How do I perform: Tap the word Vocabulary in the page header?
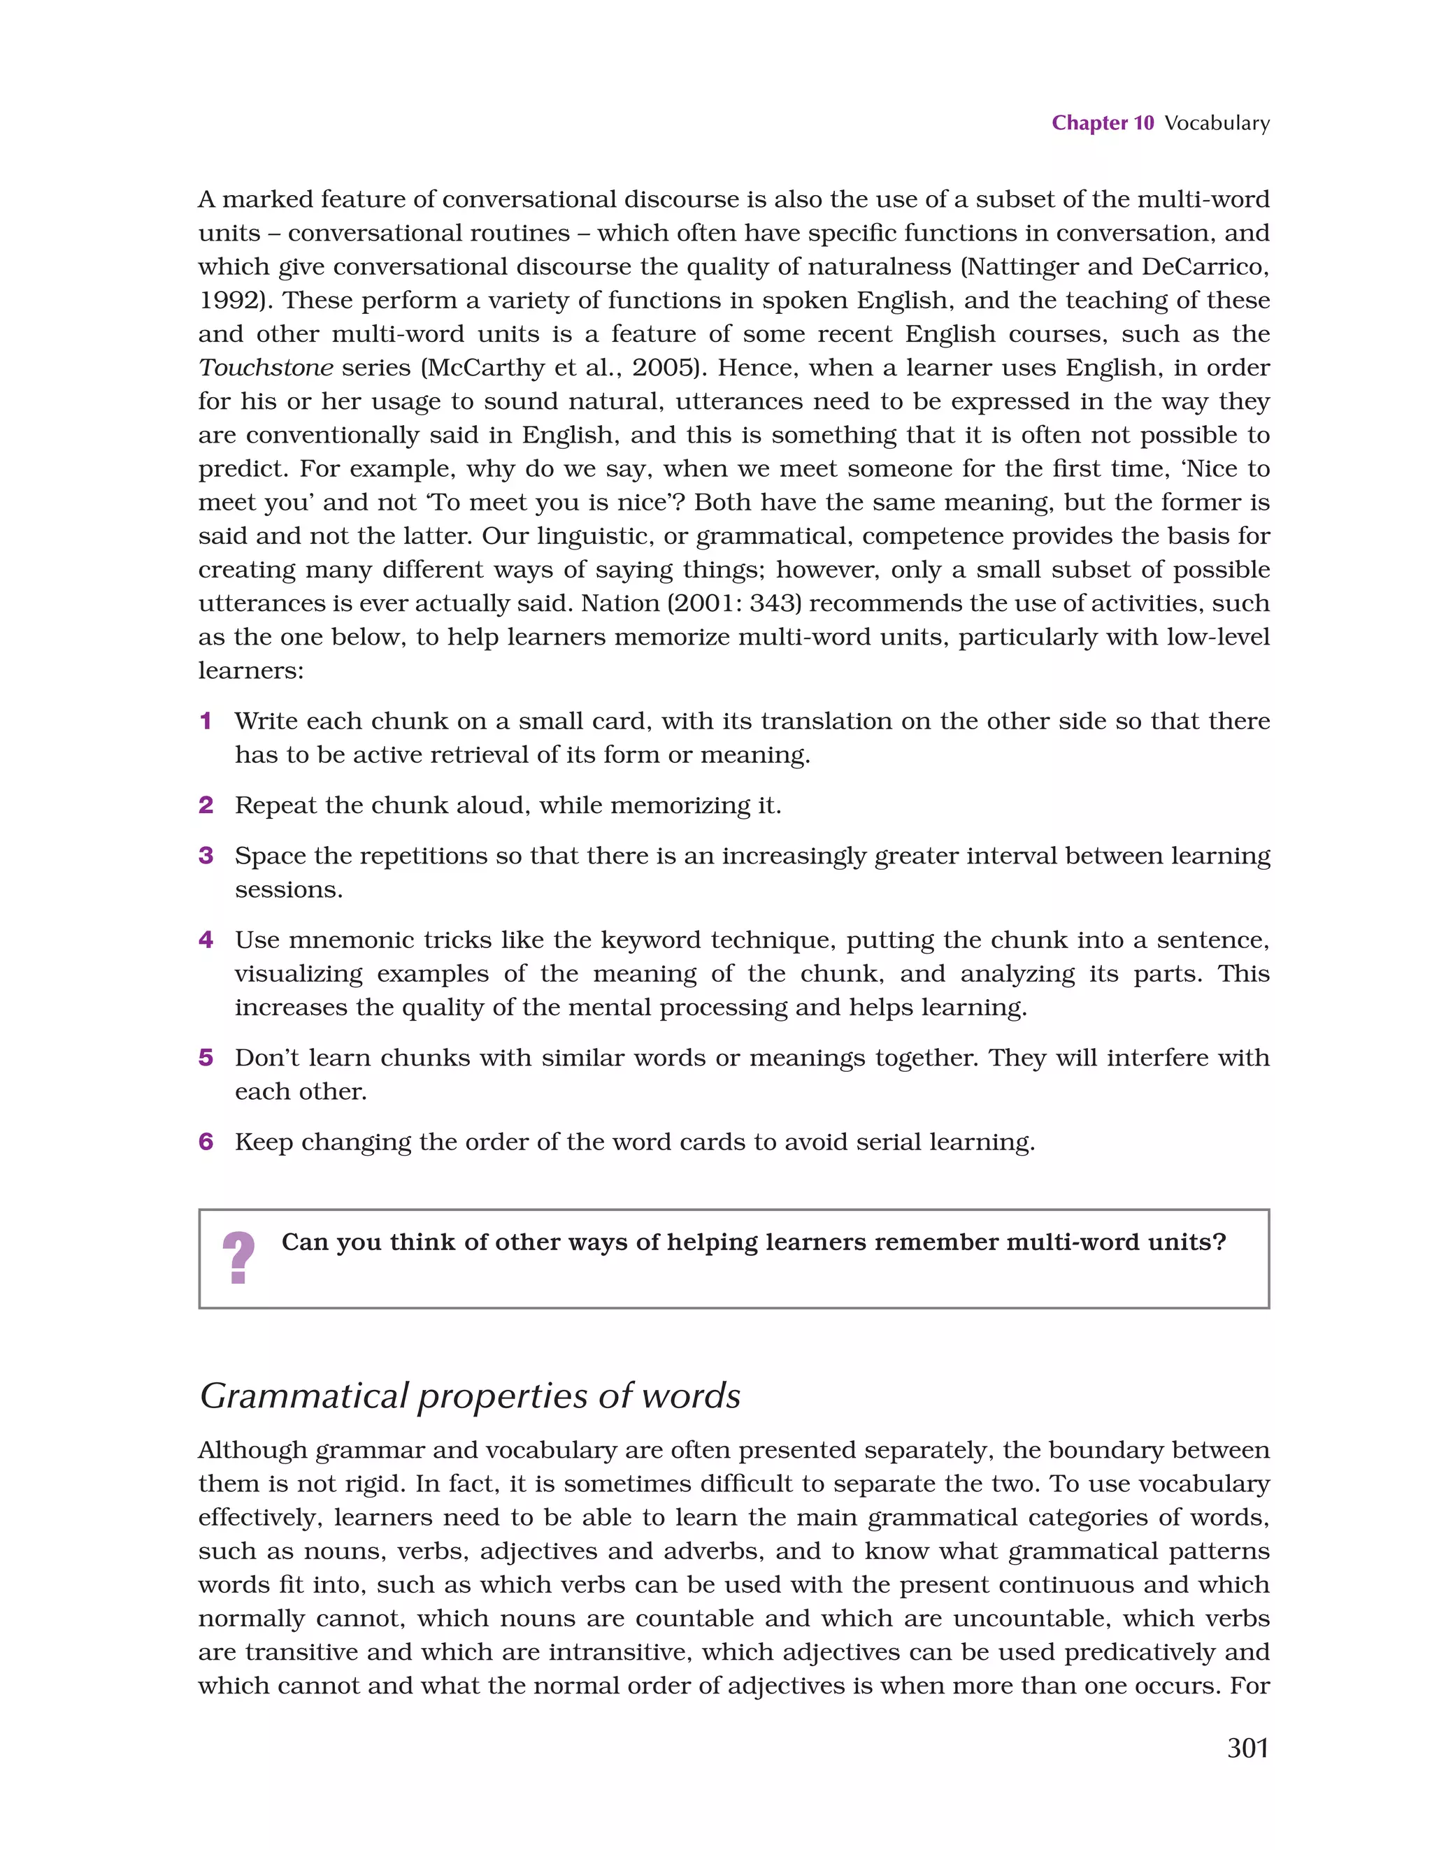[x=1216, y=123]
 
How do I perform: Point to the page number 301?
[x=1247, y=1747]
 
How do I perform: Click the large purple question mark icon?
[x=238, y=1258]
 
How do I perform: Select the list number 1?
[x=205, y=721]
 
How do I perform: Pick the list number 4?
[x=205, y=940]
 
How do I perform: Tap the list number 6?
[x=205, y=1142]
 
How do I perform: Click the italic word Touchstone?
[x=265, y=368]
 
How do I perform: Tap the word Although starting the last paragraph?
[x=253, y=1450]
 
